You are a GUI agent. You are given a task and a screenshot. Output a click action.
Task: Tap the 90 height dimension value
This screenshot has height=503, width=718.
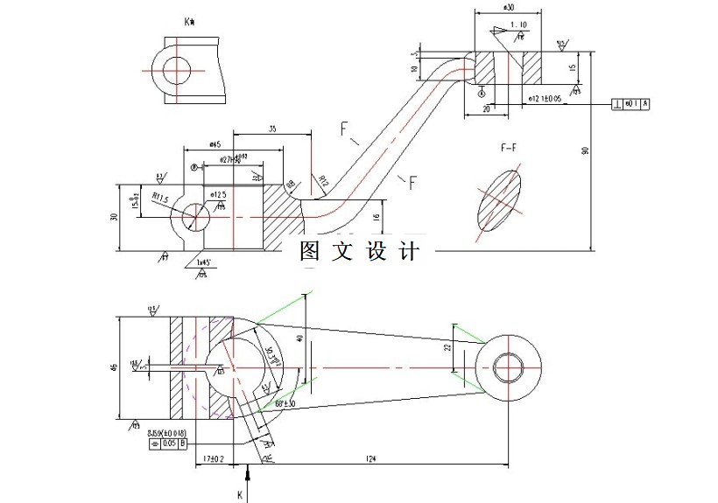pos(585,150)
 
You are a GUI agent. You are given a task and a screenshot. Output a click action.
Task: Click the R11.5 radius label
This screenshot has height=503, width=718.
pos(158,199)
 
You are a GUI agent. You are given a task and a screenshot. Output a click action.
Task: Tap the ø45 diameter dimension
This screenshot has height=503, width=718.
pos(213,144)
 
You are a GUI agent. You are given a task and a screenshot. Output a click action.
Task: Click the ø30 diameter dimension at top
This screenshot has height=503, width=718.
pos(508,7)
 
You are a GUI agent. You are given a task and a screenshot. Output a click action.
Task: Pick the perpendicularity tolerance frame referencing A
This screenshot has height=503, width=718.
pos(631,104)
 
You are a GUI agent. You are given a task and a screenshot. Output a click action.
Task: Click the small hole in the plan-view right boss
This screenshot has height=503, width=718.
pos(508,366)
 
